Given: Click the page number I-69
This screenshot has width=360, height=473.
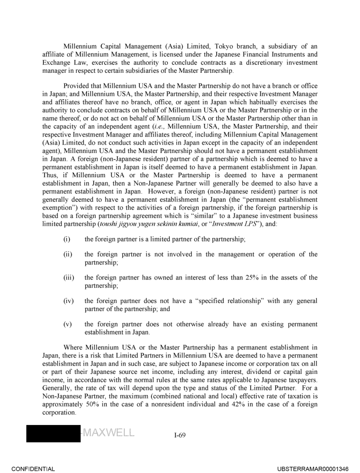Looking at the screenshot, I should [180, 435].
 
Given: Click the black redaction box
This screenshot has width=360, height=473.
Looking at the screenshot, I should [53, 434].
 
